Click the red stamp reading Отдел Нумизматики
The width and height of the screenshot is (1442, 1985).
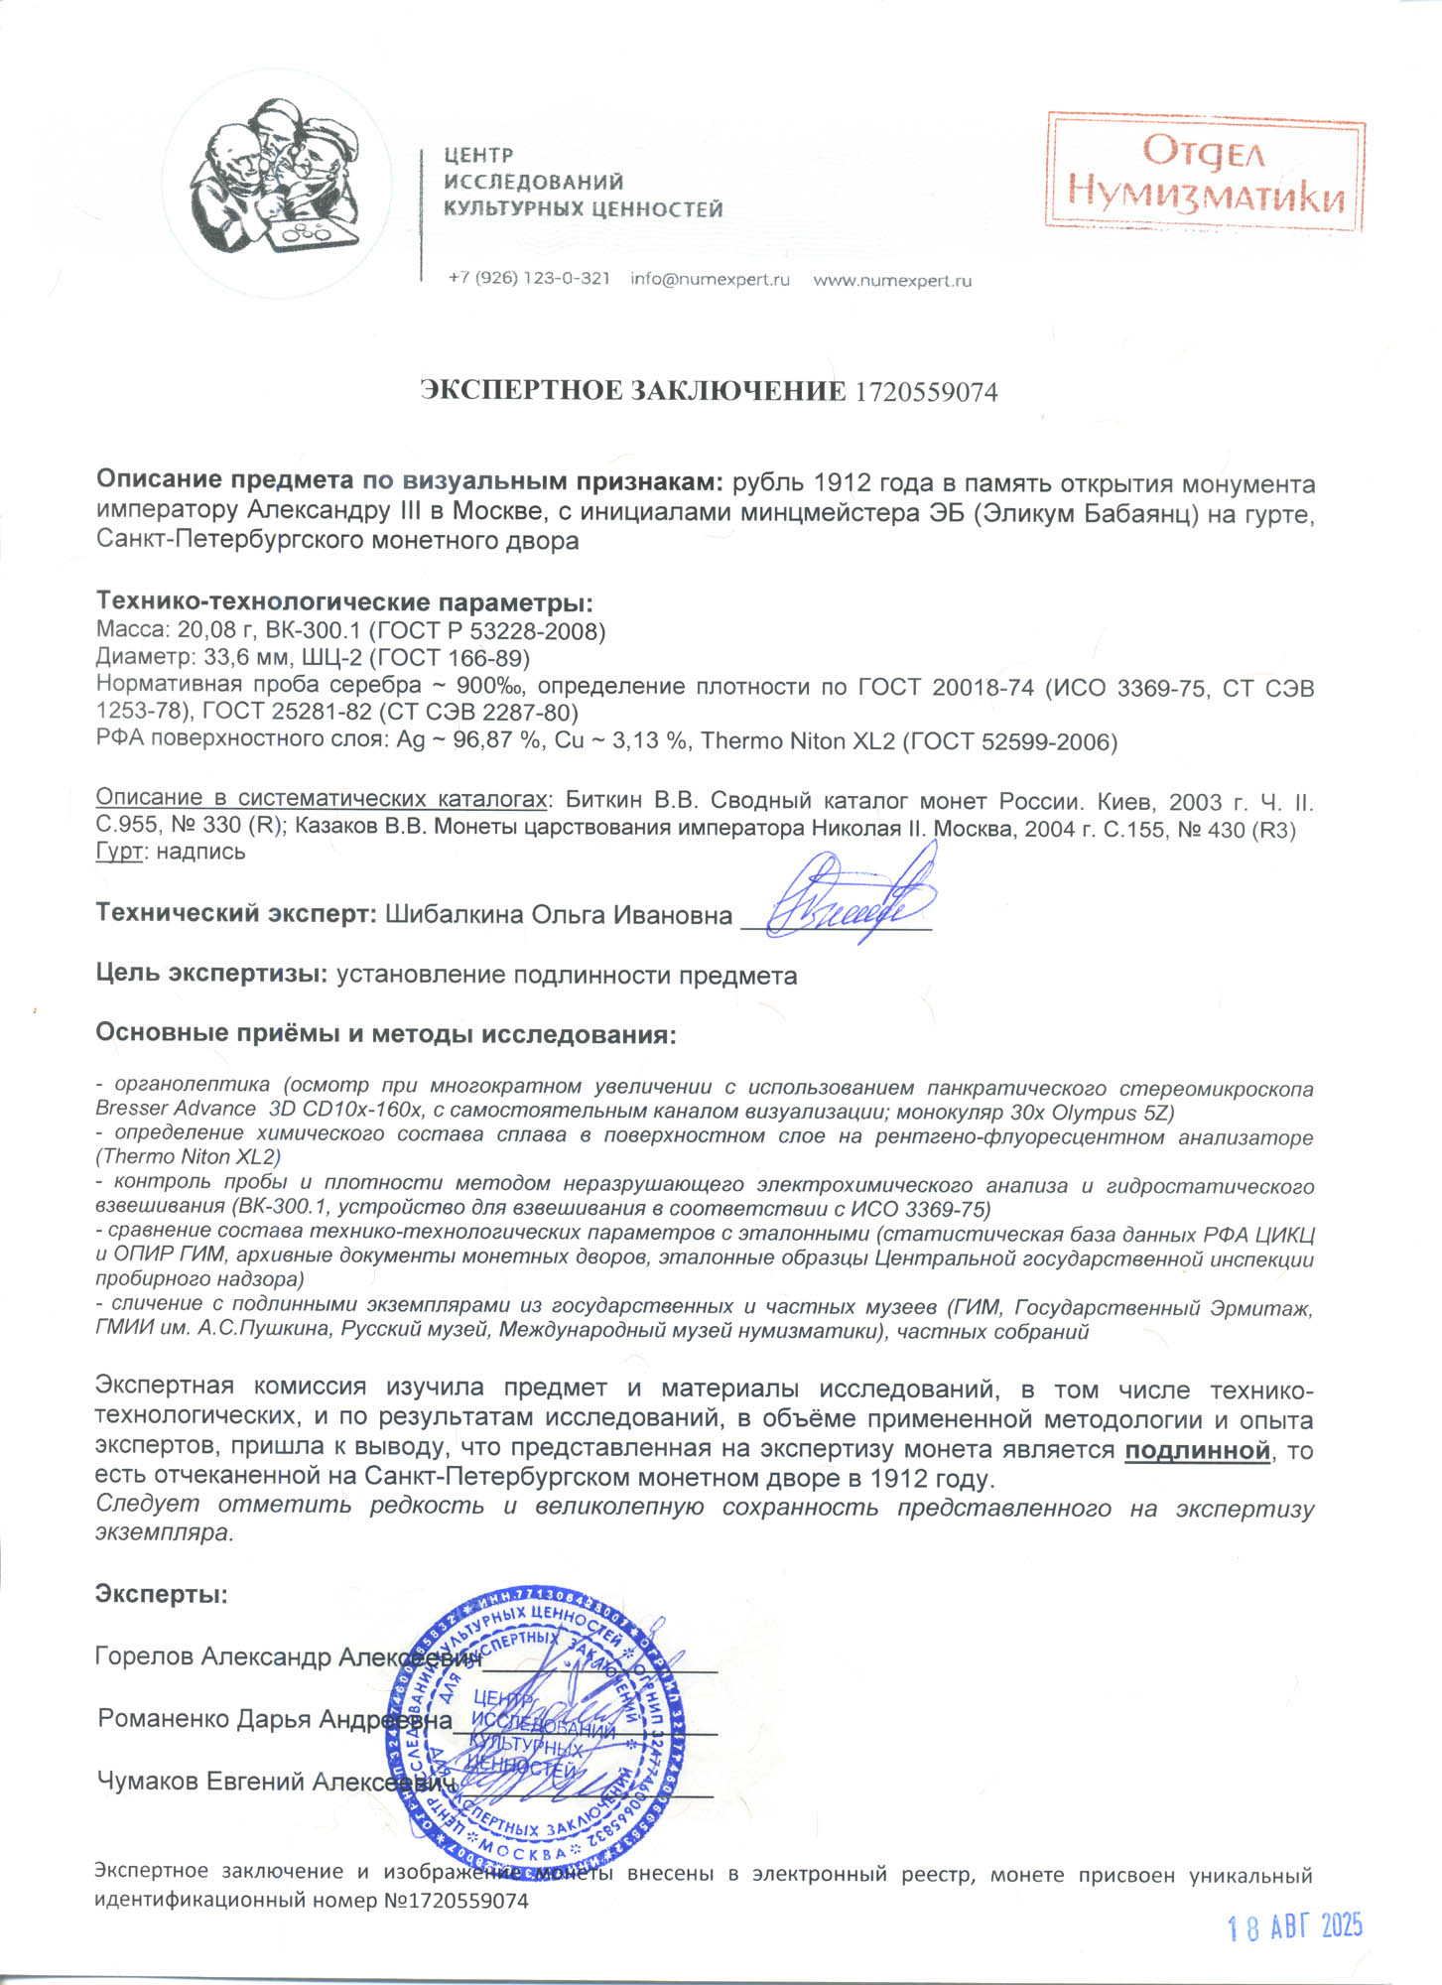1205,173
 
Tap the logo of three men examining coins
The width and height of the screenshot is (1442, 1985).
276,179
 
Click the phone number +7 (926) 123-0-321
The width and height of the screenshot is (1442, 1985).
528,279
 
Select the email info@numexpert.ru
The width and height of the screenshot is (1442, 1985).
710,280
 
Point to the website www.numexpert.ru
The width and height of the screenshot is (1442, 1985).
892,281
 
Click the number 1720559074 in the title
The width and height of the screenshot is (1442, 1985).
925,392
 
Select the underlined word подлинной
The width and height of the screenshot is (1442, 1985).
1197,1451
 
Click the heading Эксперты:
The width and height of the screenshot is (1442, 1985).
161,1595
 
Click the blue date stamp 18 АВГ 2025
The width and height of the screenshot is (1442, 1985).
1294,1926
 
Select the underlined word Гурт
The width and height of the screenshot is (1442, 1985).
119,852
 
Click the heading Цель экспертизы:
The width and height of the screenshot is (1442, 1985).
210,974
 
